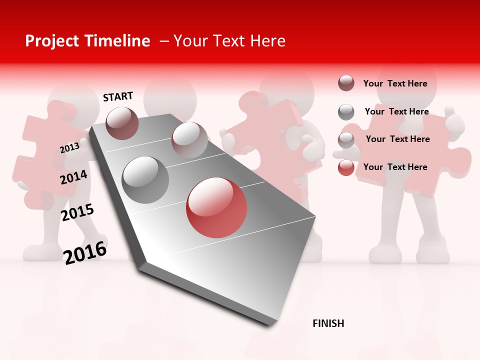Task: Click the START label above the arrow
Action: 118,96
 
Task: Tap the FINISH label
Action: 328,323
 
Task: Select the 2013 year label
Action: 69,147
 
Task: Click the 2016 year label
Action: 85,252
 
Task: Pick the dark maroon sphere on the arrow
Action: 122,123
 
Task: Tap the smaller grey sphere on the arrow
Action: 189,139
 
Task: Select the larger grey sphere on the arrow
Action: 145,179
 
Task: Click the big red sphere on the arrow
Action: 216,207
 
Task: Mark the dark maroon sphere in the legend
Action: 346,83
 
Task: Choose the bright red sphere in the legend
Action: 346,167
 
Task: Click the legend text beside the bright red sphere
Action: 395,167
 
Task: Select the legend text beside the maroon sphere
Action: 395,83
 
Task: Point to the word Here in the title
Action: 267,41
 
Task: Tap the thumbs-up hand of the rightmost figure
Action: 453,120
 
